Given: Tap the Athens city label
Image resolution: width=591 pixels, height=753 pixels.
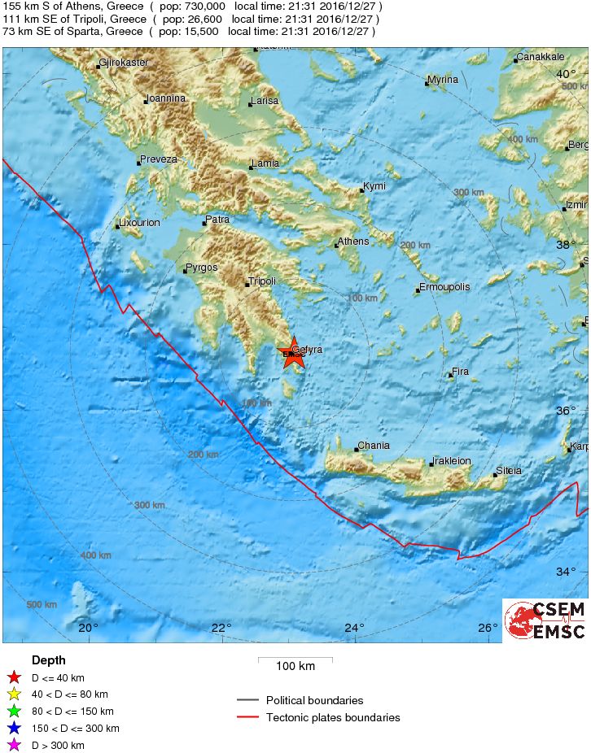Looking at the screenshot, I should click(353, 242).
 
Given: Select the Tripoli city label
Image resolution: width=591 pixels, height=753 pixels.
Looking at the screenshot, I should click(262, 281).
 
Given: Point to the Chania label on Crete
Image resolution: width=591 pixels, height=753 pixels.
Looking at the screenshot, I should click(374, 446).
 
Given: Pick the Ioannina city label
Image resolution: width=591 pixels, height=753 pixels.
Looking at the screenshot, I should click(166, 98).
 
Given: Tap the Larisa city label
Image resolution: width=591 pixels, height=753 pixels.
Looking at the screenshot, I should click(265, 101).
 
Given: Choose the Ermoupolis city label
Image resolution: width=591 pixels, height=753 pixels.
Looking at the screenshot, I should click(444, 287).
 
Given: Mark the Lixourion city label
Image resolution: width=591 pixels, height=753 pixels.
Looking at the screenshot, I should click(140, 223).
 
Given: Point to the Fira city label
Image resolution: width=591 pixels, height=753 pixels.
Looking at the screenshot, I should click(460, 372).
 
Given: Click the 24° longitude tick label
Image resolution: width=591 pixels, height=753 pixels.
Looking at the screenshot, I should click(354, 628).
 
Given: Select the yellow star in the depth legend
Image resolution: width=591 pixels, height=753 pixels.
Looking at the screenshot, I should click(13, 694).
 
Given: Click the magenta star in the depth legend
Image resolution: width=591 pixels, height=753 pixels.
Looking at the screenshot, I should click(13, 745).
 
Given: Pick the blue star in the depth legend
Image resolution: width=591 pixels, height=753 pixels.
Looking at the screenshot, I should click(13, 728).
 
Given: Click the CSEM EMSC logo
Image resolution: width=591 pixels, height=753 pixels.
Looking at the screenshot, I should click(545, 620).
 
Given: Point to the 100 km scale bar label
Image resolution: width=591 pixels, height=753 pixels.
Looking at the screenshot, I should click(295, 667).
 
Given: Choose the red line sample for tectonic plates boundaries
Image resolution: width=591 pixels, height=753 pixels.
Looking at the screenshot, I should click(247, 717).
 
